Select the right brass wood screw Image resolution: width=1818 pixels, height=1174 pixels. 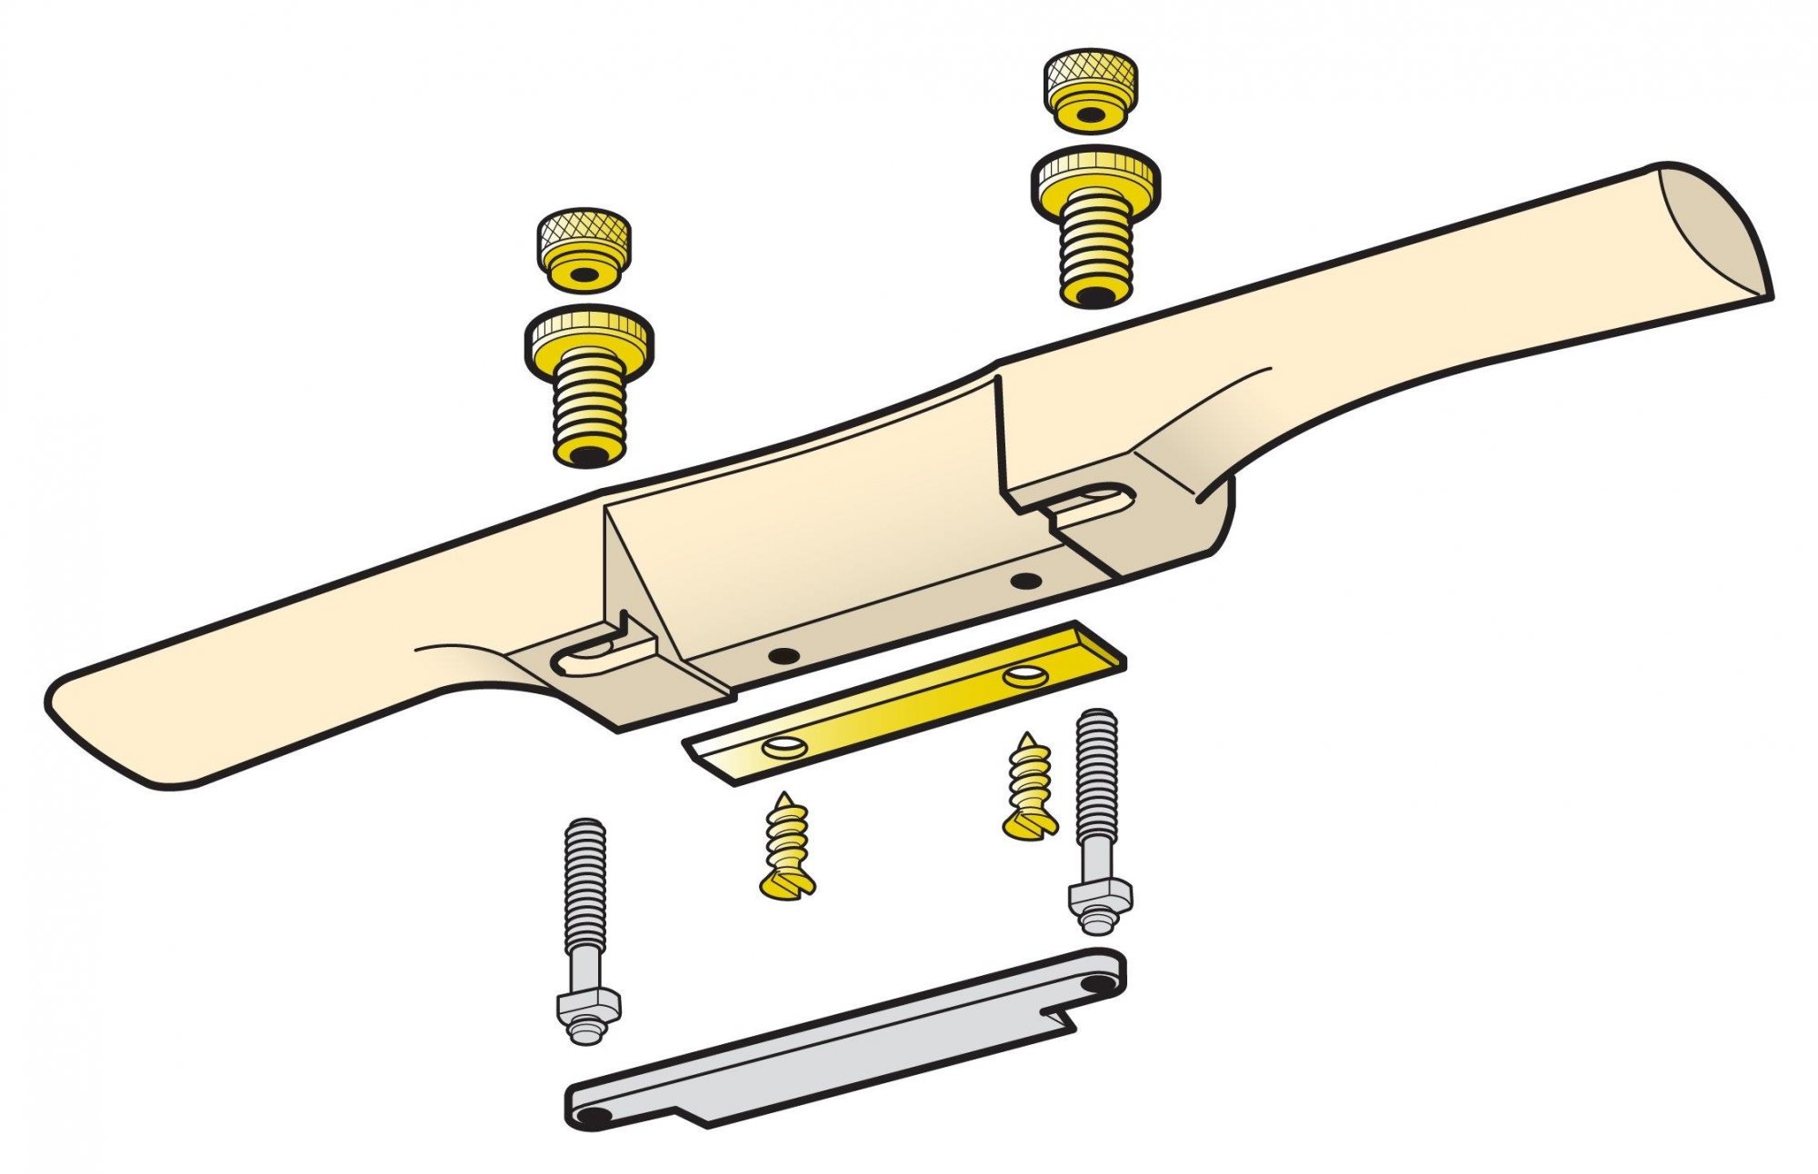pos(1031,787)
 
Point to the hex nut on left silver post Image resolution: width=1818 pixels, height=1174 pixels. pos(588,1006)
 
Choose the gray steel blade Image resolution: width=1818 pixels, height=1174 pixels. pos(845,1045)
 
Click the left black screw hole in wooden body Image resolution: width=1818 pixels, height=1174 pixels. pos(782,654)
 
